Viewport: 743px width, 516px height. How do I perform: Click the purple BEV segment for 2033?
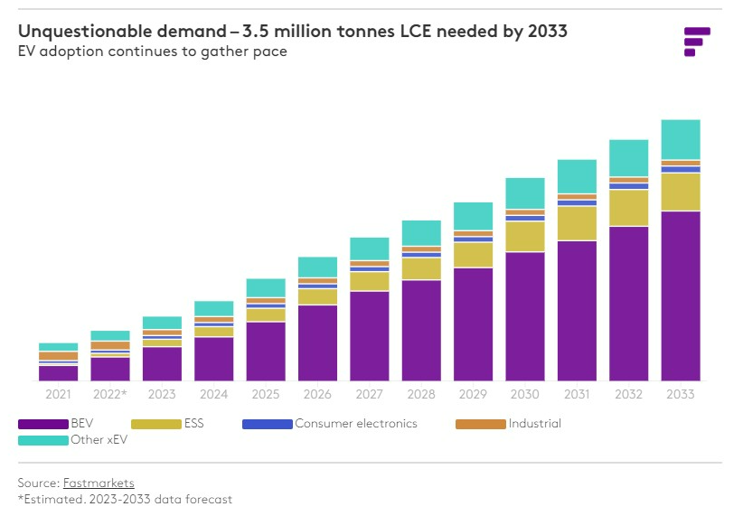click(x=681, y=296)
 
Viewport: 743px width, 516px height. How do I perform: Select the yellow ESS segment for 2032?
click(x=628, y=208)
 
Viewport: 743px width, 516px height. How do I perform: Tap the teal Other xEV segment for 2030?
click(x=524, y=193)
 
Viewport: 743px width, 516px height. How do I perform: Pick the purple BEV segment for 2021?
click(x=58, y=372)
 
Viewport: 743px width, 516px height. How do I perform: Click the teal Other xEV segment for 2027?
click(x=369, y=249)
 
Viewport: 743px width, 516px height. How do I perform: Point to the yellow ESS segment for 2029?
click(x=473, y=255)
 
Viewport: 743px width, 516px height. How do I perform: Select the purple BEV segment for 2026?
click(x=317, y=342)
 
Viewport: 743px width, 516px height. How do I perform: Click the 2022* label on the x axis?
click(x=109, y=395)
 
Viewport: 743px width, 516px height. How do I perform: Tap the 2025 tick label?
click(x=265, y=395)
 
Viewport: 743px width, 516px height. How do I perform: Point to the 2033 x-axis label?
click(x=681, y=395)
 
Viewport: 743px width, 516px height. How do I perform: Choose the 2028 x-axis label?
click(x=420, y=395)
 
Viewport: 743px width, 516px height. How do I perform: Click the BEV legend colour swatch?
click(x=42, y=424)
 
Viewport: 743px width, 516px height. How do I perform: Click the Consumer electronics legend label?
click(x=356, y=424)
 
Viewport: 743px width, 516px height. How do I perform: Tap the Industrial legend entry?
click(x=534, y=424)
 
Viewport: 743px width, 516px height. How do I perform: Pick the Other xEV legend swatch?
click(x=42, y=440)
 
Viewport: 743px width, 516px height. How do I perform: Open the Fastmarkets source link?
click(x=99, y=483)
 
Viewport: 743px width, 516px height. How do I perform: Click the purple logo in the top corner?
click(x=696, y=42)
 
